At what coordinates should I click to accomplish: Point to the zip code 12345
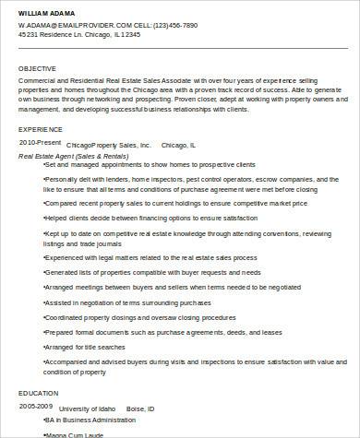(128, 34)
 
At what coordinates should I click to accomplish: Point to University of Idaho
(90, 407)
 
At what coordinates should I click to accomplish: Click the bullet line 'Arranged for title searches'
(84, 348)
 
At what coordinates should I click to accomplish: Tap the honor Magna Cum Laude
(76, 432)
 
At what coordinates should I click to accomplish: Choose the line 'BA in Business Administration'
(89, 420)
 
